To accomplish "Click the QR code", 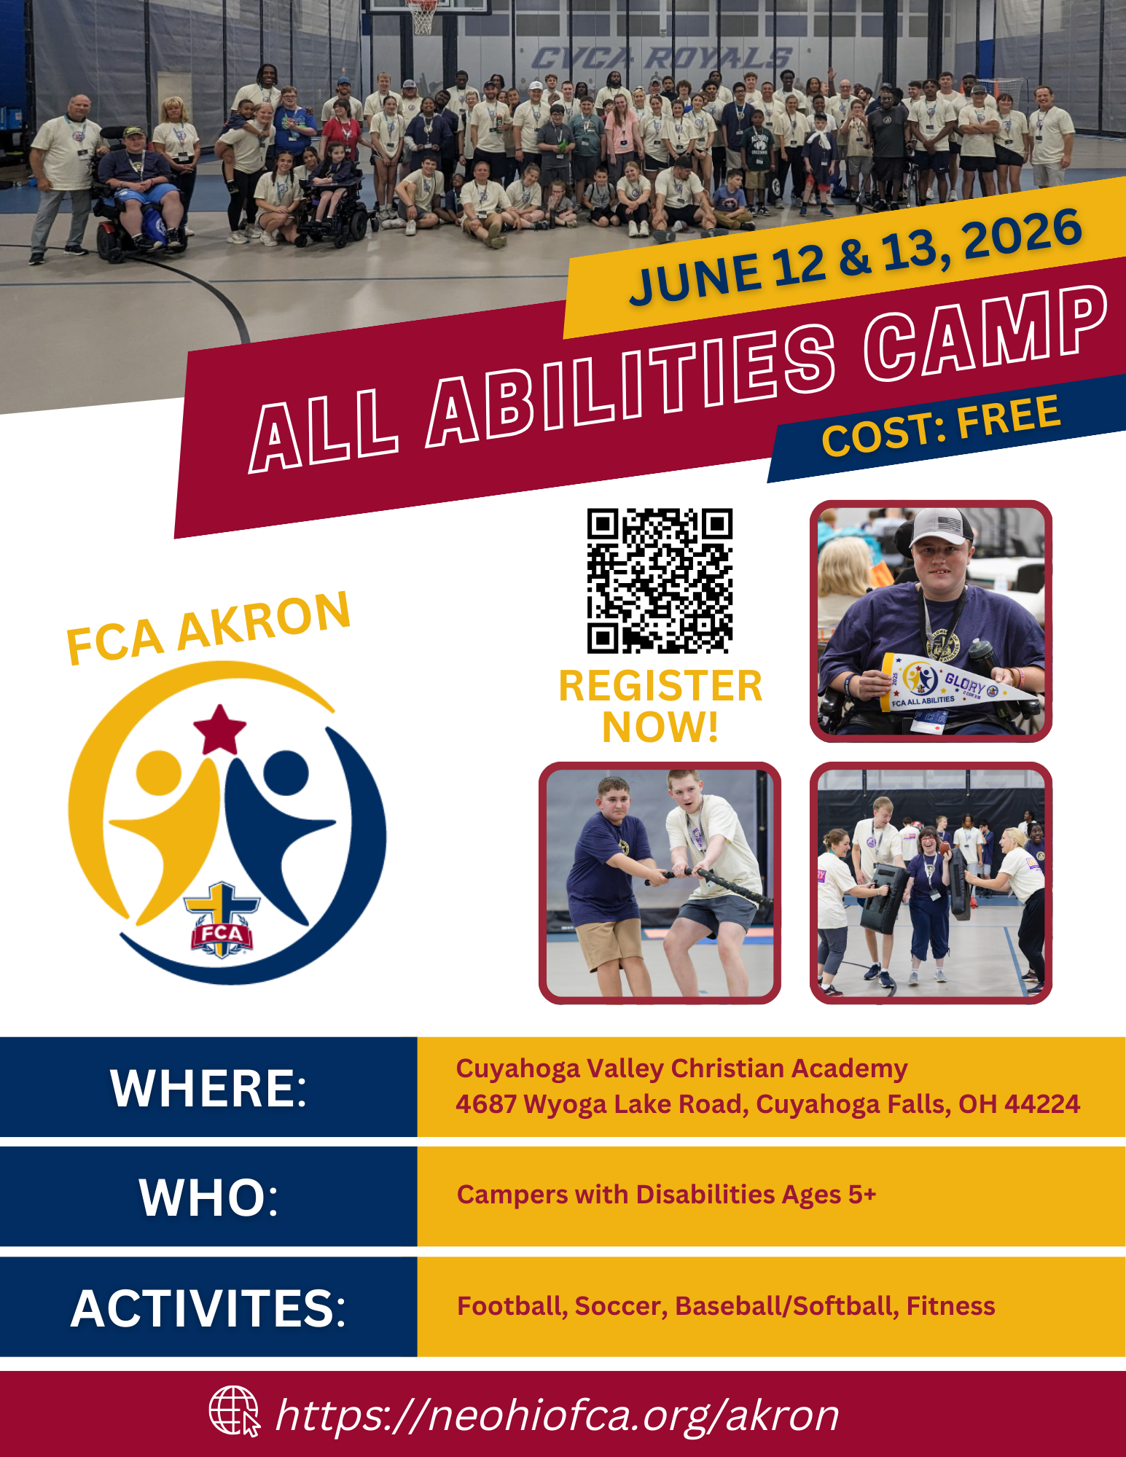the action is [660, 580].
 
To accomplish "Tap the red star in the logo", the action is [219, 730].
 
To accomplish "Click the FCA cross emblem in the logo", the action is [221, 920].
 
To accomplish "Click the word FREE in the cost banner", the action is [1009, 417].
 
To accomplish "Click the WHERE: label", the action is [209, 1088].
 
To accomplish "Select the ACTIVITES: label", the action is [208, 1308].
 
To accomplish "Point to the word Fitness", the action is [951, 1306].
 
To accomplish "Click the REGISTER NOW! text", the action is [660, 706].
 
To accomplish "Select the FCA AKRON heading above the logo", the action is [208, 628].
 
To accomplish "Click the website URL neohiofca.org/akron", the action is [558, 1415].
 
